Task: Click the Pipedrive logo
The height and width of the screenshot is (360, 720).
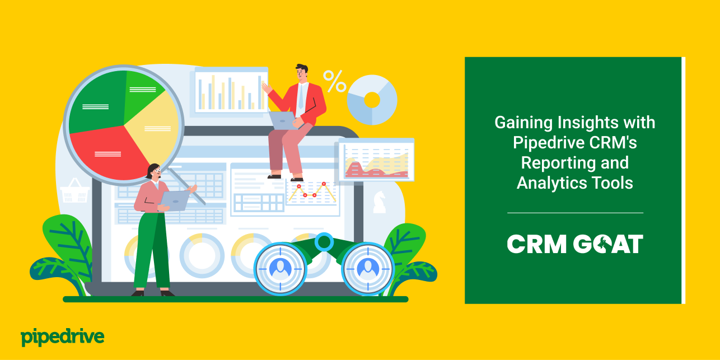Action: pos(62,337)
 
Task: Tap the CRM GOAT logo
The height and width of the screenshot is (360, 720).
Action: pos(575,244)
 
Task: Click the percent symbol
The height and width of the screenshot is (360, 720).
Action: pos(335,81)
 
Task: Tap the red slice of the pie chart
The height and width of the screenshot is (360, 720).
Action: pos(103,151)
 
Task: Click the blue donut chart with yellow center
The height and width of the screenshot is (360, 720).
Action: pos(372,100)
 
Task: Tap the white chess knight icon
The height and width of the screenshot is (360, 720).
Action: pos(379,201)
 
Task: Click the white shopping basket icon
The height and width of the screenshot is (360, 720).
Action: pos(74,192)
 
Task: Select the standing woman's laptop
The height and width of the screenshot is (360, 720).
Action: pos(175,200)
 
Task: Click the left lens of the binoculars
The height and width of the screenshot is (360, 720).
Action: pos(280,268)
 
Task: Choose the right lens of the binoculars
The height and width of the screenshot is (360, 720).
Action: pos(368,268)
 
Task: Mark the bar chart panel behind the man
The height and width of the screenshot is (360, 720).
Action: pos(231,91)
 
